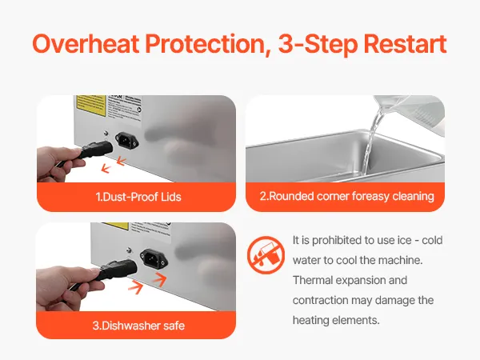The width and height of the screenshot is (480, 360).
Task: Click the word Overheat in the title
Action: (86, 44)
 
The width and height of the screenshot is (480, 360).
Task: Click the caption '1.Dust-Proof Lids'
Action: (138, 197)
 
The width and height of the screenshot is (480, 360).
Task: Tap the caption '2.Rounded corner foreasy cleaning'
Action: (347, 196)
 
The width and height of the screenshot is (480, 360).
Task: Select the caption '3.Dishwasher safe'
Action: (138, 326)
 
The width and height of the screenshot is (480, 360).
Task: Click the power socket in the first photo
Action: (126, 141)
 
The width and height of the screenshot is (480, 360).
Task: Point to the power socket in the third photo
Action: (154, 259)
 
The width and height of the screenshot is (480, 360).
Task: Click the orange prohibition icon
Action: (266, 255)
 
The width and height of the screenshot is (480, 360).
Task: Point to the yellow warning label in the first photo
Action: (90, 106)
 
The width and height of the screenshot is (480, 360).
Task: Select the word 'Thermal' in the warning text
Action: (313, 280)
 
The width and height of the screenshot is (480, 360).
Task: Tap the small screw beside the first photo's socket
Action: (106, 133)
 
